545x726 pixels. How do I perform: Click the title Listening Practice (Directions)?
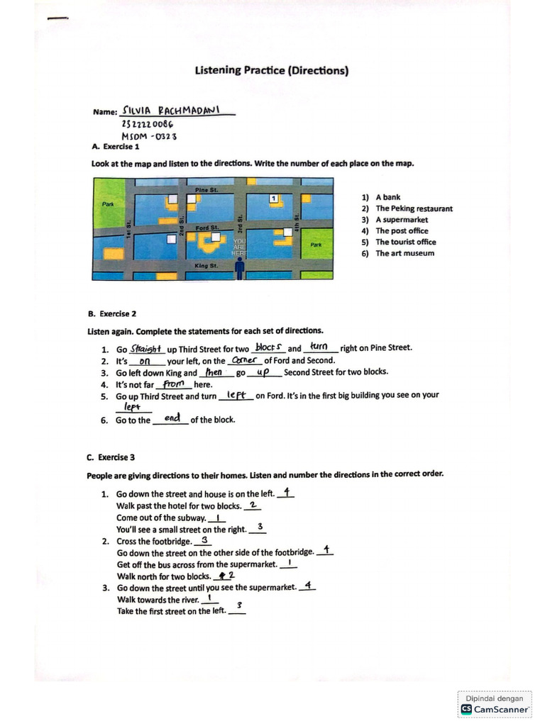click(x=272, y=71)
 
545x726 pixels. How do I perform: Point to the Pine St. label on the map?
click(x=207, y=191)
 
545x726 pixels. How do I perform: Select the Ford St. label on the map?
click(x=207, y=228)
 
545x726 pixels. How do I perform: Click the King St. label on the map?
click(x=206, y=266)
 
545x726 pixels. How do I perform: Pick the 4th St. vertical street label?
click(x=297, y=211)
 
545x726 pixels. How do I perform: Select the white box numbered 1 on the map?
click(x=275, y=198)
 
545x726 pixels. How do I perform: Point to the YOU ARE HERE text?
click(x=239, y=247)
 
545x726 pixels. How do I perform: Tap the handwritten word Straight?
click(x=147, y=348)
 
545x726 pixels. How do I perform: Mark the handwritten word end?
click(x=171, y=418)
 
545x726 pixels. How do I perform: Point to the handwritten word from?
click(x=173, y=384)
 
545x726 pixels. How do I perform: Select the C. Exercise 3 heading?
click(x=111, y=457)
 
